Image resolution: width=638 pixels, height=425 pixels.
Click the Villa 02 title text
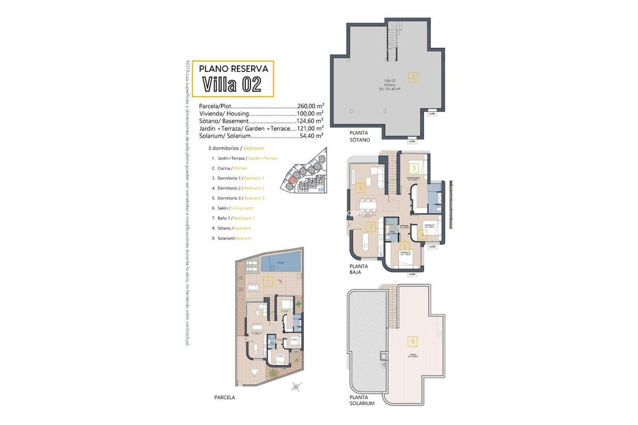[232, 84]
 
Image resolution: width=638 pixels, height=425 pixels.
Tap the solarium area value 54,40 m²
[310, 136]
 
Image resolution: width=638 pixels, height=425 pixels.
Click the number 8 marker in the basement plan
[414, 77]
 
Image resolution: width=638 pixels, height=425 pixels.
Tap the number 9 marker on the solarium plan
[412, 341]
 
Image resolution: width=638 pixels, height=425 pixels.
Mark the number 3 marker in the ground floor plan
[415, 168]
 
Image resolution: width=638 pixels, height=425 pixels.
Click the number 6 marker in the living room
[362, 188]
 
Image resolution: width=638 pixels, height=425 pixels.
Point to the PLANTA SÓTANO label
[359, 136]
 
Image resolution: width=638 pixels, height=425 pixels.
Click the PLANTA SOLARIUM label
[362, 401]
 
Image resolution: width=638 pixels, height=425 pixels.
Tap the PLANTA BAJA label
[359, 269]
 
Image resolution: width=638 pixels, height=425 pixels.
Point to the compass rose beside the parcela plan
[295, 387]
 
